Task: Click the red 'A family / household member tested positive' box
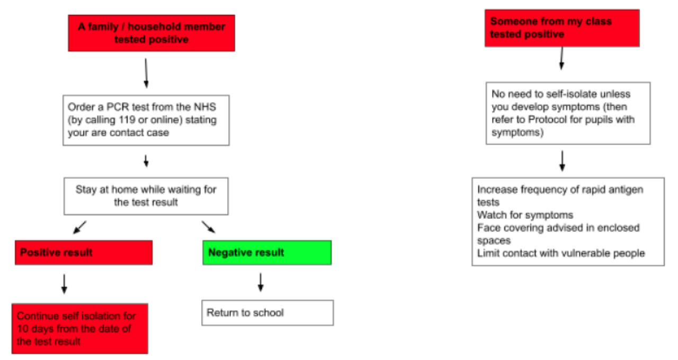pyautogui.click(x=151, y=33)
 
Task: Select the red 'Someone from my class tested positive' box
pyautogui.click(x=562, y=28)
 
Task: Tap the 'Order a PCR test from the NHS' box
pyautogui.click(x=146, y=120)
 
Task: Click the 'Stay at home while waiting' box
pyautogui.click(x=146, y=196)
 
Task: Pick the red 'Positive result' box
pyautogui.click(x=84, y=253)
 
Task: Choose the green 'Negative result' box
pyautogui.click(x=267, y=253)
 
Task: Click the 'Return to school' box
pyautogui.click(x=267, y=313)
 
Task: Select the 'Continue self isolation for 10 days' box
pyautogui.click(x=80, y=329)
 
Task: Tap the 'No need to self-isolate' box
pyautogui.click(x=568, y=113)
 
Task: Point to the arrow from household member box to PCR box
pyautogui.click(x=146, y=73)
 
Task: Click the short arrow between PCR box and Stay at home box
pyautogui.click(x=146, y=161)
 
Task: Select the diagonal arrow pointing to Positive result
pyautogui.click(x=79, y=228)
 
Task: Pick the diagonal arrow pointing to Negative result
pyautogui.click(x=209, y=227)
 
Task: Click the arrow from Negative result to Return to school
pyautogui.click(x=261, y=282)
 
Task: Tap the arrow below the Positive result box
pyautogui.click(x=64, y=284)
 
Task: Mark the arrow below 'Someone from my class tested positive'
pyautogui.click(x=562, y=58)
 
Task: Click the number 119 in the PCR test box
pyautogui.click(x=127, y=120)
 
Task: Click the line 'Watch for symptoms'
pyautogui.click(x=525, y=215)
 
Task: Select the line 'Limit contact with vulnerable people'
pyautogui.click(x=561, y=253)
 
